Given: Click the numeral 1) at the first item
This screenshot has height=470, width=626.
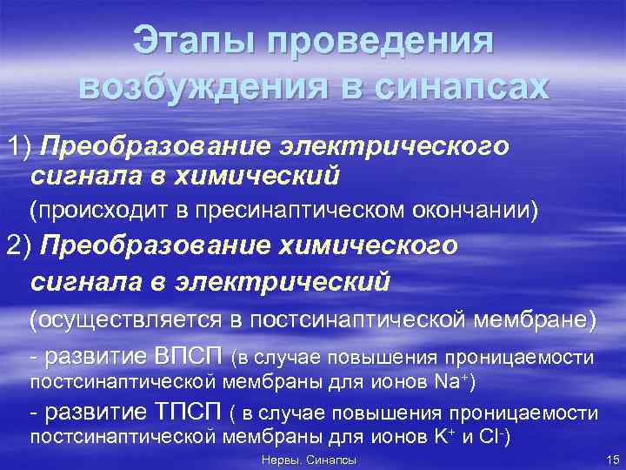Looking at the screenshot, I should point(18,146).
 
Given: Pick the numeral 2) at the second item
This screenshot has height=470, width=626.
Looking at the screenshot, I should point(18,245).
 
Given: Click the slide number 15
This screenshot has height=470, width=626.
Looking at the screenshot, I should point(611,460).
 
